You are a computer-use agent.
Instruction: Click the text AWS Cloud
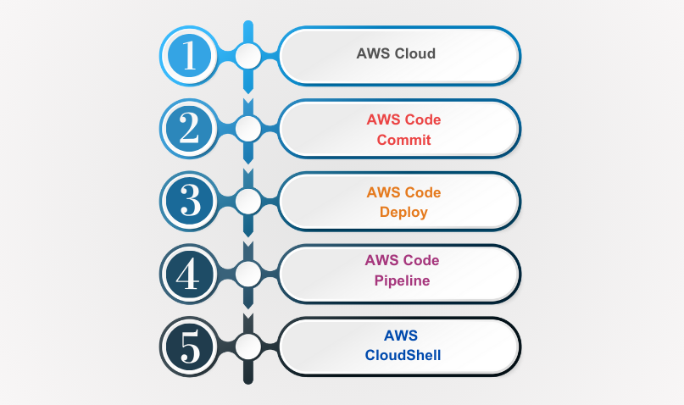(396, 54)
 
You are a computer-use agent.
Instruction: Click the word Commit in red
(403, 140)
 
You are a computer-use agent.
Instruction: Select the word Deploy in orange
(403, 212)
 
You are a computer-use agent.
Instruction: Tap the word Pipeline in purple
(403, 280)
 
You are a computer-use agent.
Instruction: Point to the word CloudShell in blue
(403, 355)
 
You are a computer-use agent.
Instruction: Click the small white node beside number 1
(247, 56)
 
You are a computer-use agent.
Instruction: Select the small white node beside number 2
(247, 129)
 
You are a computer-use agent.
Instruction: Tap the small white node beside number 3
(247, 201)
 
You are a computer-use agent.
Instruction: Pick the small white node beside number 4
(247, 274)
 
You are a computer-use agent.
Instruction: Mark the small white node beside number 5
(247, 347)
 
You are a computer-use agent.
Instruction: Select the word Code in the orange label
(423, 192)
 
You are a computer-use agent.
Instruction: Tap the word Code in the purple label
(422, 260)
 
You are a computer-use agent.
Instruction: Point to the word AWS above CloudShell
(403, 335)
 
